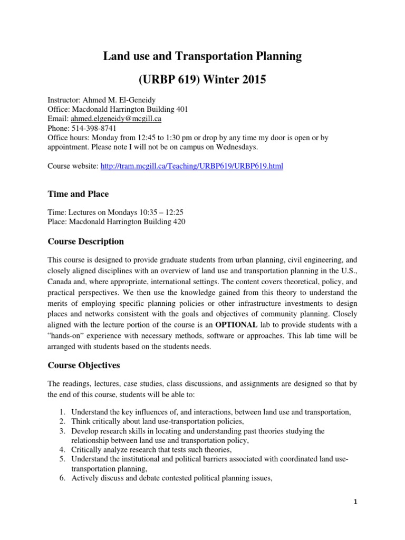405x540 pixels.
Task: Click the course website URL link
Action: (x=191, y=166)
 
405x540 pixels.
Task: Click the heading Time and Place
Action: (x=78, y=194)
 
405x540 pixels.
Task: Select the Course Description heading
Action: (x=86, y=242)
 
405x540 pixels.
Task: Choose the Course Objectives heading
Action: (x=84, y=365)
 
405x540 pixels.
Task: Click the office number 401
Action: (x=180, y=109)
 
